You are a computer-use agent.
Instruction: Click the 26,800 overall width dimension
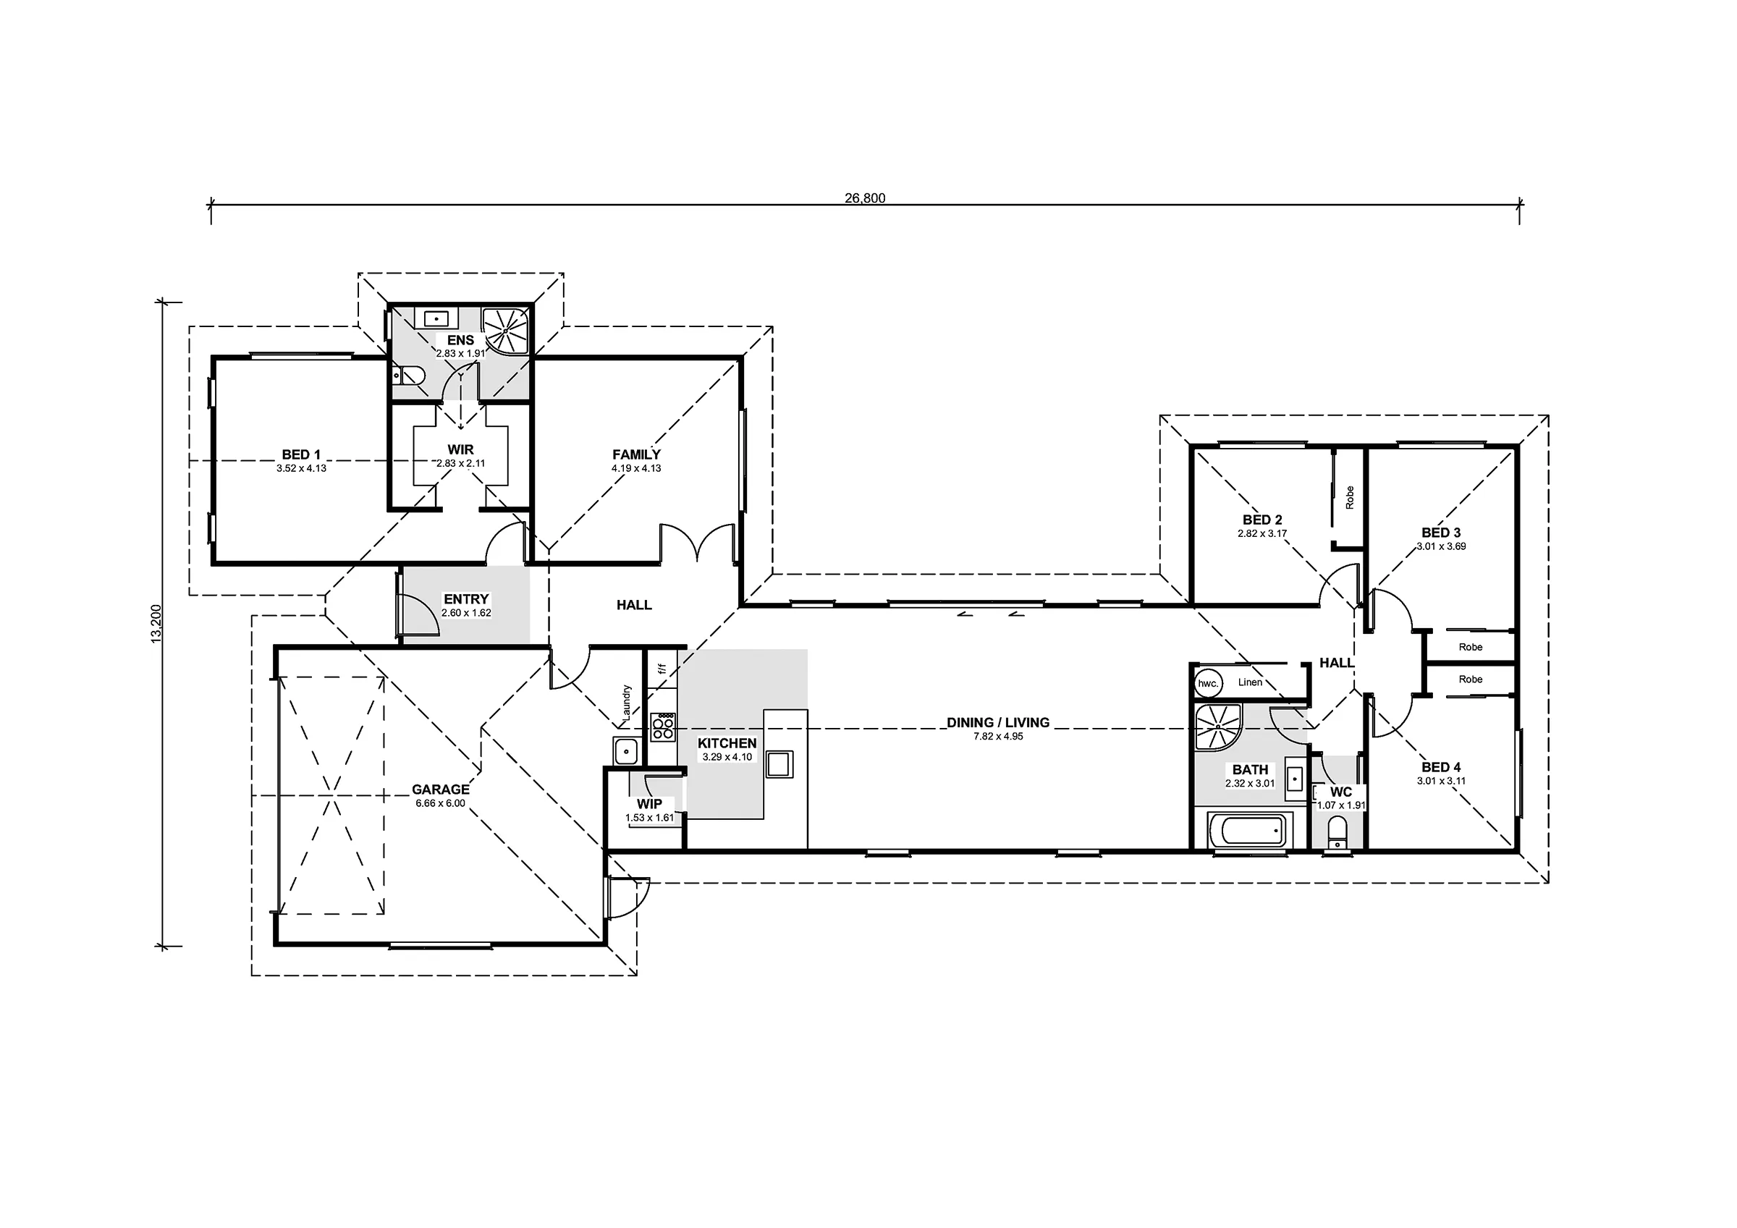click(865, 198)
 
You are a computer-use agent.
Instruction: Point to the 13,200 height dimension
click(156, 624)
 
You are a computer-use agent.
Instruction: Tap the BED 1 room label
click(301, 454)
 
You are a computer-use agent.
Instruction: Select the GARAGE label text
click(440, 789)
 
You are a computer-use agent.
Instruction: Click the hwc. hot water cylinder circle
click(1208, 683)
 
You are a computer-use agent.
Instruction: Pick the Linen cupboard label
click(1250, 682)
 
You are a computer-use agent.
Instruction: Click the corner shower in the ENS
click(505, 331)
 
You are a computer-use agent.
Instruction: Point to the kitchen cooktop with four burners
click(663, 727)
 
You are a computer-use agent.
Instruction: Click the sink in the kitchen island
click(779, 763)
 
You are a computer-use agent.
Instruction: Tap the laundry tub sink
click(627, 752)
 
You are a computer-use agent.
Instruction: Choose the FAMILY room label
click(636, 454)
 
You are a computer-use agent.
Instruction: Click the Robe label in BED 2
click(1350, 497)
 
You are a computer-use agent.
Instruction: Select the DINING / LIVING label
click(998, 723)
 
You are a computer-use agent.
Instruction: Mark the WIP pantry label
click(649, 804)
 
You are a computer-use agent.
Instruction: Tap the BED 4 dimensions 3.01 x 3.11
click(1441, 781)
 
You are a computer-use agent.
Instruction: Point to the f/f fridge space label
click(662, 669)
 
